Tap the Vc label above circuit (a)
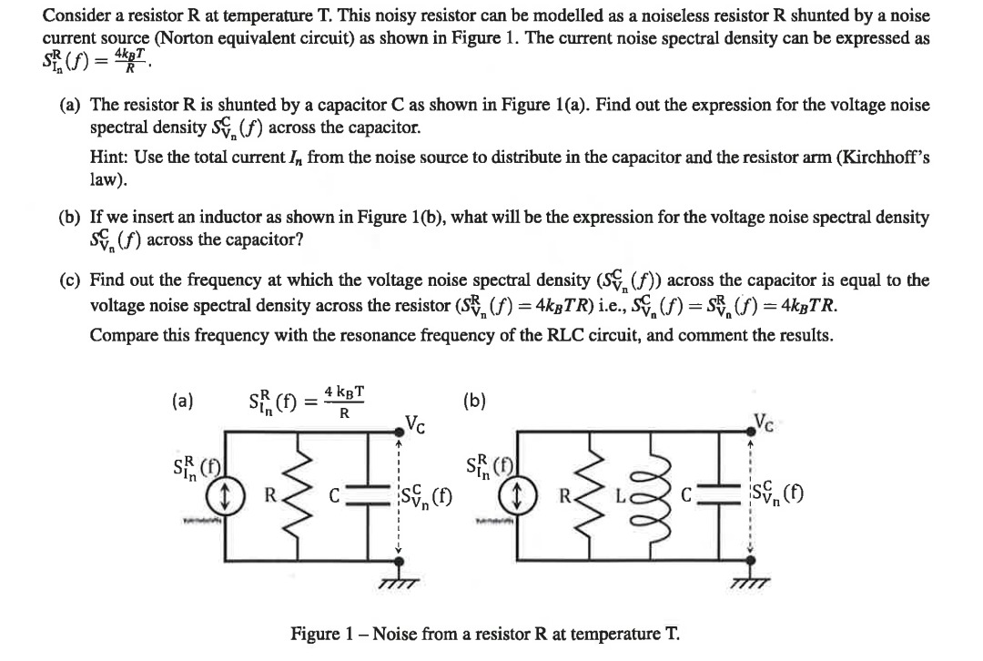click(x=414, y=424)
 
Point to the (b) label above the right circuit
click(x=474, y=401)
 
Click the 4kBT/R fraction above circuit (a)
click(x=345, y=402)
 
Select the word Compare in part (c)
click(x=118, y=334)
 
